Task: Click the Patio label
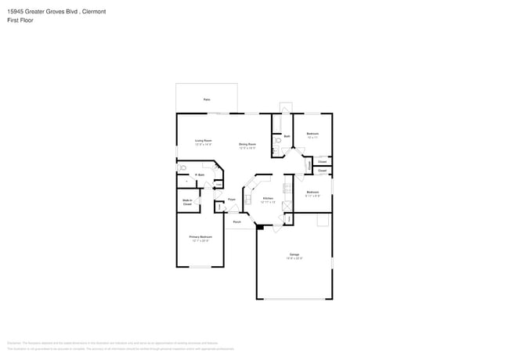[x=207, y=100]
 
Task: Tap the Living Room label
[x=204, y=141]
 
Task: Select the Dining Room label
[x=247, y=144]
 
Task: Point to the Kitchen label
[x=267, y=199]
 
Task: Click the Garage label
[x=294, y=255]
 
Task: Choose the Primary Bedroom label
[x=200, y=236]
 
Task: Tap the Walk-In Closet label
[x=187, y=202]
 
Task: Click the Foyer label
[x=232, y=200]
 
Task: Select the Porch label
[x=236, y=221]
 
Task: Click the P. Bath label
[x=200, y=175]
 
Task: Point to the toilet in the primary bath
[x=182, y=167]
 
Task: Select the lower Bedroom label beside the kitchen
[x=312, y=193]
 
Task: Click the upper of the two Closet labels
[x=322, y=162]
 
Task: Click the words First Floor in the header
[x=23, y=21]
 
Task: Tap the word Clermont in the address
[x=92, y=12]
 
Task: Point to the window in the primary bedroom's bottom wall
[x=200, y=267]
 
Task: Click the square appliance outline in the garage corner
[x=322, y=221]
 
